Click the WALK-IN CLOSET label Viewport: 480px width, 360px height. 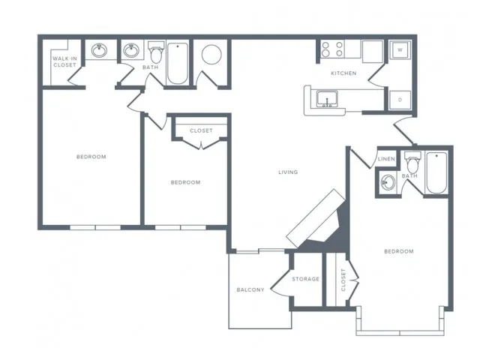click(64, 61)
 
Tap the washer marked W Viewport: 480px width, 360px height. click(400, 50)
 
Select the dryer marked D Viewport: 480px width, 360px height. click(400, 100)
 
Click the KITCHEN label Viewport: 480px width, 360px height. click(343, 73)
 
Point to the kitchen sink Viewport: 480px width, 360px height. click(327, 99)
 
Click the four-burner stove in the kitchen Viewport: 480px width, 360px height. click(332, 49)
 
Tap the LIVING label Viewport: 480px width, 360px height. click(288, 172)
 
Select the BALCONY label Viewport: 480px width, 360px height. click(250, 289)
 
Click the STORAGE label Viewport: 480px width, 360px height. click(305, 279)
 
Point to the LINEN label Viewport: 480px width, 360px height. click(386, 159)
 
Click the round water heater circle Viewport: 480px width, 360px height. click(211, 55)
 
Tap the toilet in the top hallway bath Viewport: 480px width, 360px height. click(157, 52)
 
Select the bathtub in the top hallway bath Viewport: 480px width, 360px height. click(178, 63)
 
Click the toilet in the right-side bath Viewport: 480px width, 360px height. click(412, 163)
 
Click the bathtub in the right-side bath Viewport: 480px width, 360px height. click(436, 172)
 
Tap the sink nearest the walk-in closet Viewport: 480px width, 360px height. click(99, 50)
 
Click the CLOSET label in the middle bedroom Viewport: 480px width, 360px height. click(201, 130)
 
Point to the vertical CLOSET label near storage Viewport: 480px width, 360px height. click(343, 280)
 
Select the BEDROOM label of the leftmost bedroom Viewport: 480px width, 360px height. click(91, 157)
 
